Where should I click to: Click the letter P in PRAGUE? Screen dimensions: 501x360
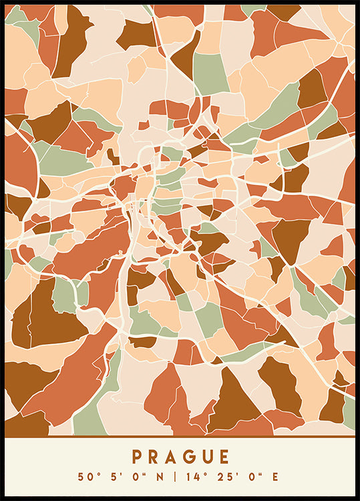pyautogui.click(x=137, y=457)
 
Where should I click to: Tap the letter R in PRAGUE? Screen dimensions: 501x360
pyautogui.click(x=154, y=457)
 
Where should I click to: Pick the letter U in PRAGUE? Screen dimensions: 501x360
pyautogui.click(x=206, y=457)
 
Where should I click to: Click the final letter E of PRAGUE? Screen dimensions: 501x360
pyautogui.click(x=224, y=457)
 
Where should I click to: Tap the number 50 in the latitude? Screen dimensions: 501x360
pyautogui.click(x=84, y=477)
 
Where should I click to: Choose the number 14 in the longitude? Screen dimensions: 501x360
pyautogui.click(x=193, y=477)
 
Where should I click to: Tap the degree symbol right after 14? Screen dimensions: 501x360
pyautogui.click(x=204, y=474)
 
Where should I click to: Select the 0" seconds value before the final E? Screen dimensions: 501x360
pyautogui.click(x=253, y=477)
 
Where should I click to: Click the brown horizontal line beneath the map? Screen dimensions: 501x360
pyautogui.click(x=180, y=437)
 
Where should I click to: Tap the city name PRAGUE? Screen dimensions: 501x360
pyautogui.click(x=180, y=457)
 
